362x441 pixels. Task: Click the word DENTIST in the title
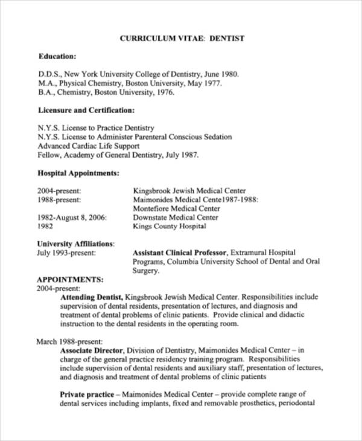click(227, 38)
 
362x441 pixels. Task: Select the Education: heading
click(57, 56)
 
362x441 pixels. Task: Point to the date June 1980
click(218, 74)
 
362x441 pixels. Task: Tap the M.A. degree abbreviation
click(46, 83)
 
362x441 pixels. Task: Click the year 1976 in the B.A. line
click(165, 92)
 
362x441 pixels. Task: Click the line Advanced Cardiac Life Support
click(89, 146)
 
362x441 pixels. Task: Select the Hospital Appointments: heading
click(78, 173)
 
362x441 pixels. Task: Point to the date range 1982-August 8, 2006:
click(72, 217)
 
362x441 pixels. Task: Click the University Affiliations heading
click(75, 243)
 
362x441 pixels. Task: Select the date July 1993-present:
click(66, 253)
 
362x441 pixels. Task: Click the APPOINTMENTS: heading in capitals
click(70, 280)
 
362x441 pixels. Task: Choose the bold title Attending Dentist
click(92, 297)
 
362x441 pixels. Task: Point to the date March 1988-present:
click(69, 341)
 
